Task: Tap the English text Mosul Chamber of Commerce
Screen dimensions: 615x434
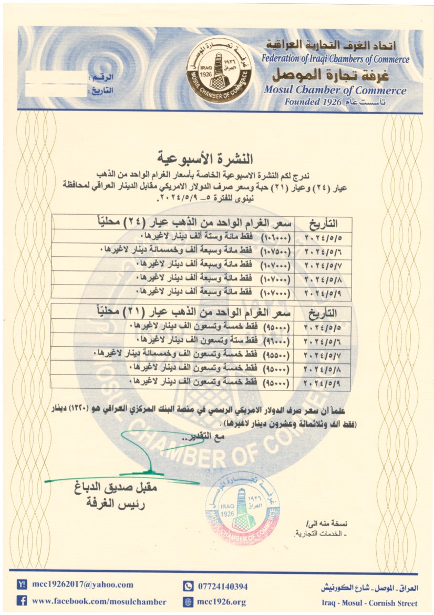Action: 335,90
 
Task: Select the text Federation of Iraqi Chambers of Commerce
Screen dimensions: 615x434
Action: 335,59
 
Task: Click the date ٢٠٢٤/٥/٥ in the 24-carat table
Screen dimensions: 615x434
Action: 322,235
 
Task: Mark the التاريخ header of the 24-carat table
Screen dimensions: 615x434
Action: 322,221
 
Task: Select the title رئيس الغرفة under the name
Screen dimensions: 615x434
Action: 117,503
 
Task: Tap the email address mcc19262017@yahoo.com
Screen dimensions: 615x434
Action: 82,584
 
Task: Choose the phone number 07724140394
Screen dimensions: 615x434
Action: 222,586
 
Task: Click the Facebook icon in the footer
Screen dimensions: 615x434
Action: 22,601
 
